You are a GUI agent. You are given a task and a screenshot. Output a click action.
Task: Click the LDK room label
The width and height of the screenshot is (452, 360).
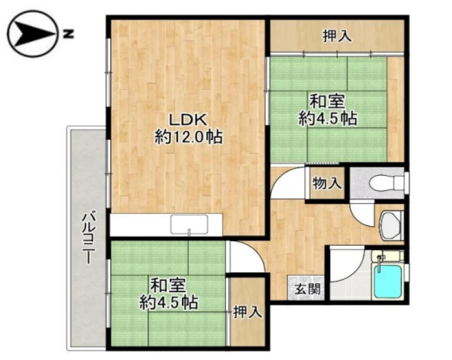[x=188, y=120]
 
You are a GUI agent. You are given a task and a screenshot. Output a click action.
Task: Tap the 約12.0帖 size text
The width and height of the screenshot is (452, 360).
[x=189, y=137]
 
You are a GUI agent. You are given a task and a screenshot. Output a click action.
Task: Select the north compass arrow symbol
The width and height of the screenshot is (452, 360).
[x=32, y=34]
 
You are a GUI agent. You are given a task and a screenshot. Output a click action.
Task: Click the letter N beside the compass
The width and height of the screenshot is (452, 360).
[x=68, y=34]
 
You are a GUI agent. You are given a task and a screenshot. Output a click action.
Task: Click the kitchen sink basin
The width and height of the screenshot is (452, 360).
[x=189, y=224]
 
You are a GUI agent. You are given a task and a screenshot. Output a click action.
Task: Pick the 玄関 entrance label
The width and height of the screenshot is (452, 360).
[x=307, y=289]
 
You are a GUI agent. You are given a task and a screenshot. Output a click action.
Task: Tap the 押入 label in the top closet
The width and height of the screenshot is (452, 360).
[x=337, y=36]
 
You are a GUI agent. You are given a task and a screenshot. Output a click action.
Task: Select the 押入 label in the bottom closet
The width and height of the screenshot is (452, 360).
[x=247, y=312]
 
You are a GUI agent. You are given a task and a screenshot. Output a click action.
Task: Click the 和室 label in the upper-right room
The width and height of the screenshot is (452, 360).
[x=327, y=102]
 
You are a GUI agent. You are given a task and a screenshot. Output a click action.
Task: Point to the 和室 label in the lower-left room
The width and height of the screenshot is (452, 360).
[x=168, y=285]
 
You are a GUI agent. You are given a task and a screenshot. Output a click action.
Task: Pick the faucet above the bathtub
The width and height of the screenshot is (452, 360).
[x=380, y=263]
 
